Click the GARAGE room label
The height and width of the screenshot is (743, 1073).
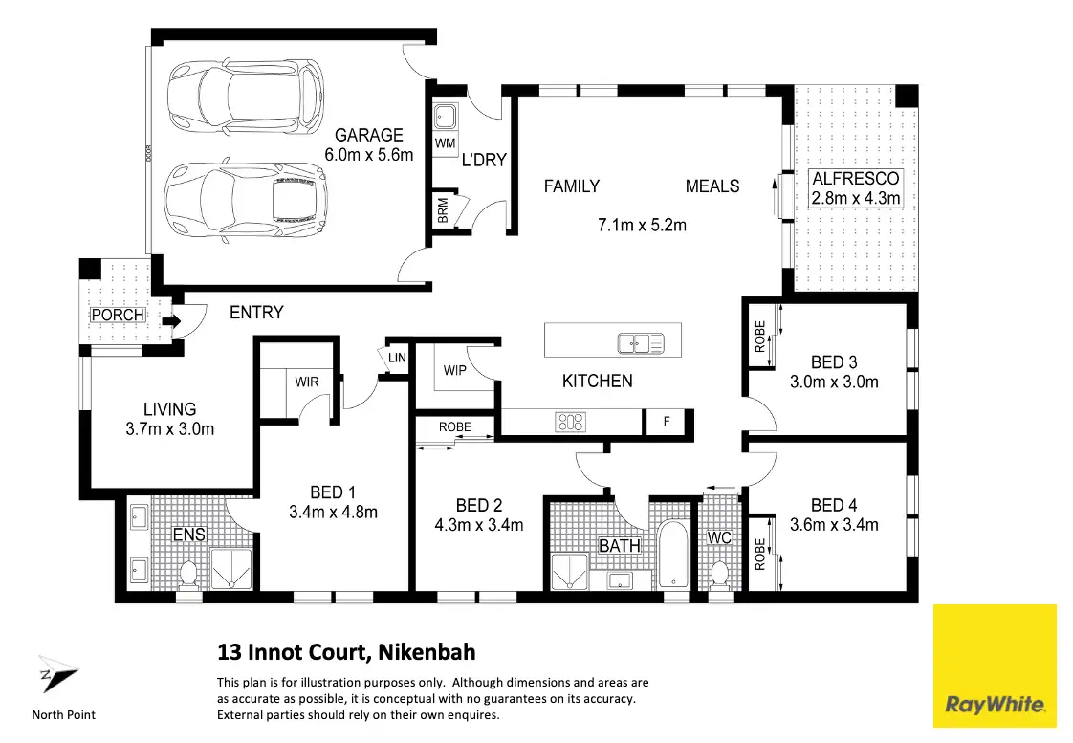coord(369,136)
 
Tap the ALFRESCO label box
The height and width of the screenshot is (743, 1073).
coord(855,188)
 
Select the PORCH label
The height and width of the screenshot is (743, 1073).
coord(118,315)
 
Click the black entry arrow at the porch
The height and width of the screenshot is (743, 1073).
coord(171,321)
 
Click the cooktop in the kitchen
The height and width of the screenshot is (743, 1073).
coord(571,422)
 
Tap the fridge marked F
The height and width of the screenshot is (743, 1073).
coord(667,422)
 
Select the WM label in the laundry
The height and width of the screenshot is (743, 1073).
coord(445,143)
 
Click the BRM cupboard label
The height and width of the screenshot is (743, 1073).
coord(443,210)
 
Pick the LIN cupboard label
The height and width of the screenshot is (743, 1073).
coord(397,358)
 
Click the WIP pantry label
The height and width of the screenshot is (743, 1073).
coord(454,370)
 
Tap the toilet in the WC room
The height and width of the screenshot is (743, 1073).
coord(719,574)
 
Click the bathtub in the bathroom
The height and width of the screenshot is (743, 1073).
coord(673,555)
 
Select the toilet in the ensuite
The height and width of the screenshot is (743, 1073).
coord(188,575)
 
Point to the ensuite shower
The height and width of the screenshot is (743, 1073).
coord(230,569)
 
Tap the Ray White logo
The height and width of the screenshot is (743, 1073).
coord(995,666)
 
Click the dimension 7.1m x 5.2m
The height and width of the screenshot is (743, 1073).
coord(642,225)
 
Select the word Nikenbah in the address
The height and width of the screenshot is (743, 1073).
coord(427,652)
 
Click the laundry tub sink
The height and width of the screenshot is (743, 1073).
coord(445,117)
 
